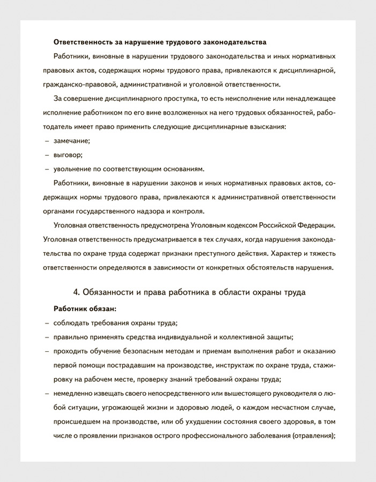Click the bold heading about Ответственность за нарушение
pos(160,42)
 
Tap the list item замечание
pos(72,141)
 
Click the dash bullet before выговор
pos(47,155)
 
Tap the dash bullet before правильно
pos(47,337)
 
